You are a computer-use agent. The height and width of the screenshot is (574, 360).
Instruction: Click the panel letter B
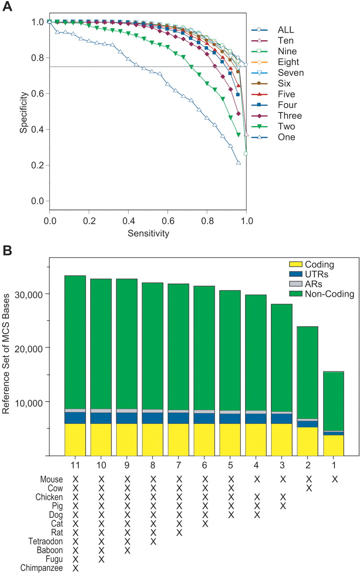[x=8, y=249]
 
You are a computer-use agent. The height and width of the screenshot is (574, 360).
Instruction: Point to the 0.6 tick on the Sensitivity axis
[x=167, y=222]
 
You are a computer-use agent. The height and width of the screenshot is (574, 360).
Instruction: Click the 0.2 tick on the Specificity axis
[x=35, y=165]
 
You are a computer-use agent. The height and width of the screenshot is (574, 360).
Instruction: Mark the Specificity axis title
[x=23, y=112]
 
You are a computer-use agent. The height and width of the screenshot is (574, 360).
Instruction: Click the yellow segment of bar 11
[x=75, y=439]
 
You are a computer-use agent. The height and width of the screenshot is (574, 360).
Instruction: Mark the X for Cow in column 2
[x=309, y=488]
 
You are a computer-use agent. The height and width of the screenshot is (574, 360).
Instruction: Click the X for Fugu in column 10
[x=101, y=559]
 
